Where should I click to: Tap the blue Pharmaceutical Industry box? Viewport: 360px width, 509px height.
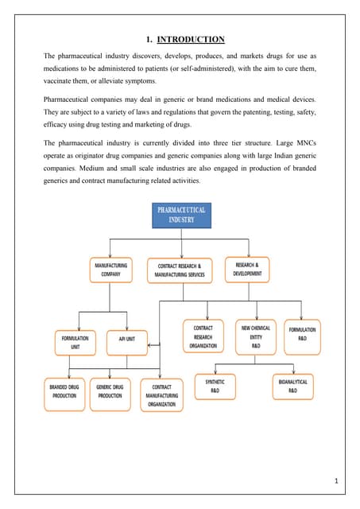pyautogui.click(x=180, y=215)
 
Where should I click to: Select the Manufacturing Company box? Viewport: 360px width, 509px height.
pyautogui.click(x=111, y=270)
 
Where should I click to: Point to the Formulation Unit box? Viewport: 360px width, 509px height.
pyautogui.click(x=75, y=343)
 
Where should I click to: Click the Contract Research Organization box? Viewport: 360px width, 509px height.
pyautogui.click(x=203, y=336)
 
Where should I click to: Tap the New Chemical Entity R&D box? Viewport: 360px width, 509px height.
pyautogui.click(x=255, y=336)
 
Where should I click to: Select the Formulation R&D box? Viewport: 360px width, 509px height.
pyautogui.click(x=302, y=334)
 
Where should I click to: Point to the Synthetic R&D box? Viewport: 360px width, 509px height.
pyautogui.click(x=215, y=386)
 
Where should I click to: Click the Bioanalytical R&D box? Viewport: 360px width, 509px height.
pyautogui.click(x=292, y=386)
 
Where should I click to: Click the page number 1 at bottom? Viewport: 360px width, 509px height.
pyautogui.click(x=337, y=480)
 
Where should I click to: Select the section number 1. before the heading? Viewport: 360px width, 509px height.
pyautogui.click(x=149, y=39)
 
